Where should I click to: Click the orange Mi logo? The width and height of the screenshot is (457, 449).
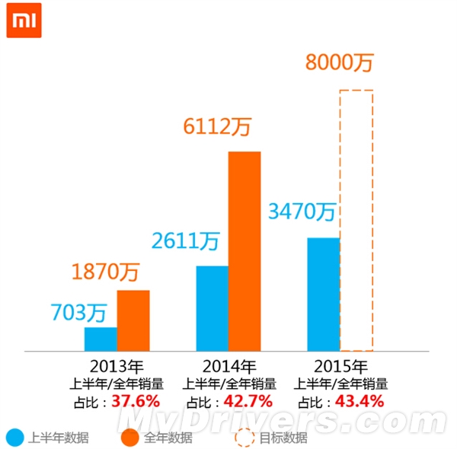24,21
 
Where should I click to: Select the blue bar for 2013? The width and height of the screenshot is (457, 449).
101,339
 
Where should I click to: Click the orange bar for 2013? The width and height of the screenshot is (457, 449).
133,320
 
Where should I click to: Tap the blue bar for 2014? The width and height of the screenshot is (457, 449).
213,308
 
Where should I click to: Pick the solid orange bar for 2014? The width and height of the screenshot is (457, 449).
244,251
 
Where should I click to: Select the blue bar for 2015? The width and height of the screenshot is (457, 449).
324,295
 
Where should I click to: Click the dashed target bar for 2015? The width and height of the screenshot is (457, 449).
356,91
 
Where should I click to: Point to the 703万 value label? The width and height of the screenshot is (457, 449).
79,313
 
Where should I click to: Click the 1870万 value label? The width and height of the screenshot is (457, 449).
106,272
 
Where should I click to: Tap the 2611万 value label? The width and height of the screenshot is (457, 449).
185,240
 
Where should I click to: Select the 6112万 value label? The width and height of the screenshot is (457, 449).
217,126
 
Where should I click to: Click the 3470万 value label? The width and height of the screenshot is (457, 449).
302,211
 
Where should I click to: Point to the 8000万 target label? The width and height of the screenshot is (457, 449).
340,62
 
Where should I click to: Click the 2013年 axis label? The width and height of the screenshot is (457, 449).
117,366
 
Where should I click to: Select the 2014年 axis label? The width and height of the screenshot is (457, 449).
229,366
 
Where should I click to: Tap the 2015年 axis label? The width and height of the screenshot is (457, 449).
341,366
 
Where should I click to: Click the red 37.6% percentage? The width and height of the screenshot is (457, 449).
136,401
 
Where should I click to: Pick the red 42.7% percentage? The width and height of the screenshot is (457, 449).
248,401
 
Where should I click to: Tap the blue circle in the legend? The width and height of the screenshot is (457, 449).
15,438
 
